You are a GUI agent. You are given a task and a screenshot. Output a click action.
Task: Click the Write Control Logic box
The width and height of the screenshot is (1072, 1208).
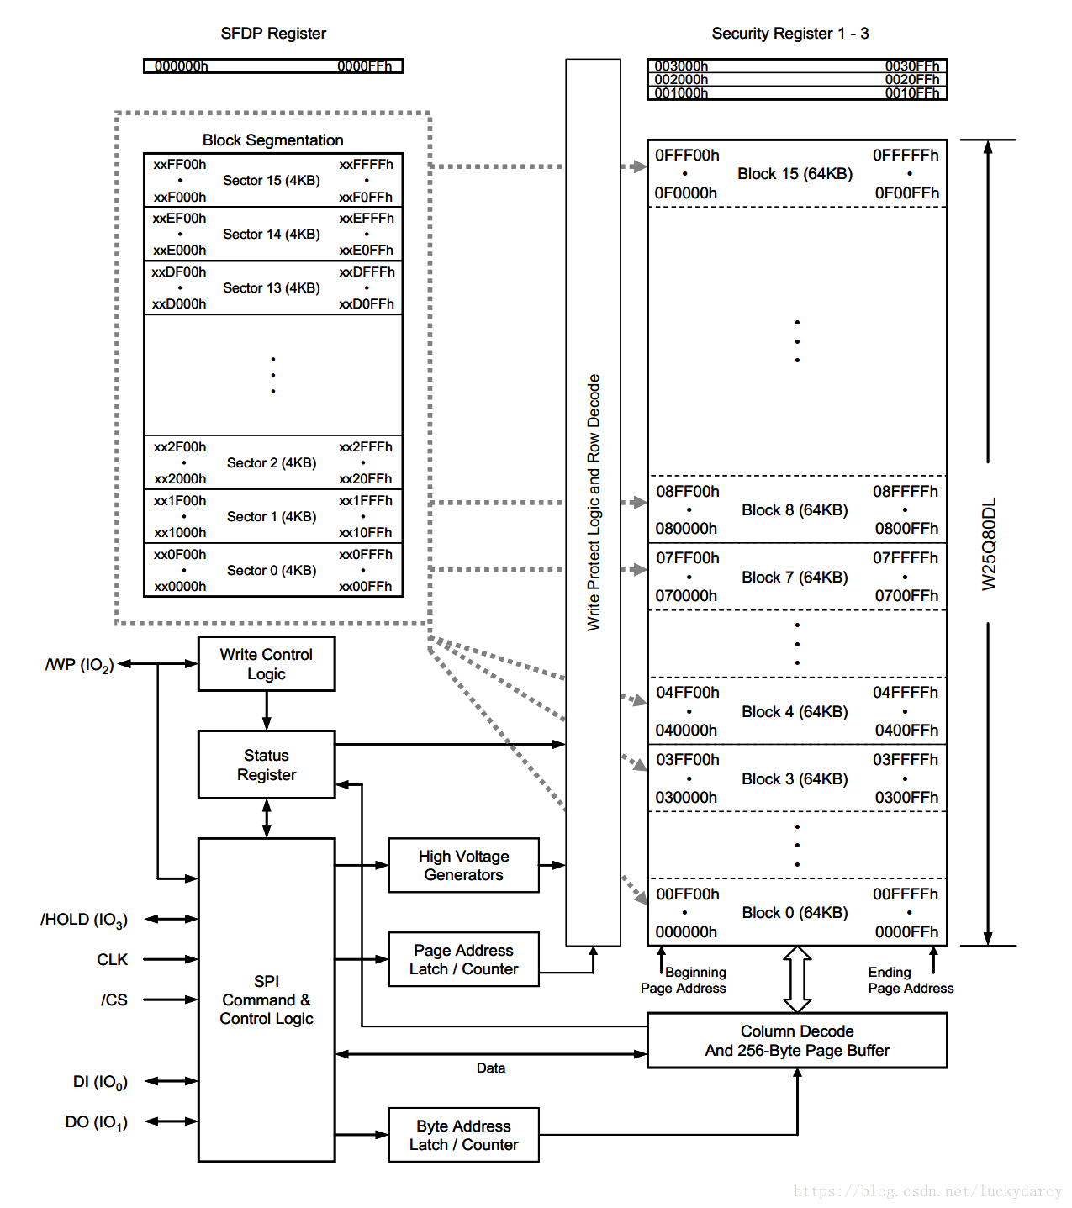click(x=267, y=664)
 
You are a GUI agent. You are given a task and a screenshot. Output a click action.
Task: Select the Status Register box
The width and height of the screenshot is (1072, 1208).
click(x=267, y=765)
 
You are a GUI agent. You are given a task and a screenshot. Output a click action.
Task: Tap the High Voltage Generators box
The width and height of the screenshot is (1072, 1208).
click(x=463, y=865)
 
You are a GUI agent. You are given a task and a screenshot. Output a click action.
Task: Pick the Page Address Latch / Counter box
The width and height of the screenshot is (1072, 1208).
click(x=463, y=959)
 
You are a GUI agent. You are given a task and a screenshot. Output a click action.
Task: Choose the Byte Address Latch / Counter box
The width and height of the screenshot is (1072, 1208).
click(x=463, y=1135)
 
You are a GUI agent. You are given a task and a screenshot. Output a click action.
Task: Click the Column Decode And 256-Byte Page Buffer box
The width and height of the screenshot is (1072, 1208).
click(x=797, y=1041)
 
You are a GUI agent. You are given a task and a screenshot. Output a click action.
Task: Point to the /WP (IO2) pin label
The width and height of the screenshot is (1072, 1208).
click(x=80, y=665)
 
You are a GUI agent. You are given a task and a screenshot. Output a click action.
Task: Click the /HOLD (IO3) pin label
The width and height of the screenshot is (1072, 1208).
click(x=84, y=920)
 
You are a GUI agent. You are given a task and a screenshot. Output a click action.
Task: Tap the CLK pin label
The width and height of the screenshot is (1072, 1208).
click(x=113, y=959)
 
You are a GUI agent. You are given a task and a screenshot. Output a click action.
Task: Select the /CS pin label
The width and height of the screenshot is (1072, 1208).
click(x=114, y=1000)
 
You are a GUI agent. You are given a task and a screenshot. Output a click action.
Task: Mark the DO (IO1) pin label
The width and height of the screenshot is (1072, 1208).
click(x=97, y=1122)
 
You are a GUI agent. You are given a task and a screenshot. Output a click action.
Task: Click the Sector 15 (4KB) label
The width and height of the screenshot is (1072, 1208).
click(x=272, y=181)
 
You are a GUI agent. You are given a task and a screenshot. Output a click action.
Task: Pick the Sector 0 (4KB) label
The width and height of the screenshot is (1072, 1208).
click(x=272, y=571)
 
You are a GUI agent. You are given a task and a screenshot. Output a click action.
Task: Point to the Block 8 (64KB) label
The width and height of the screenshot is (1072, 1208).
click(x=795, y=510)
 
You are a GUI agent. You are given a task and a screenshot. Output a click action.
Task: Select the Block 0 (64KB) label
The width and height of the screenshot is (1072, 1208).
click(x=795, y=913)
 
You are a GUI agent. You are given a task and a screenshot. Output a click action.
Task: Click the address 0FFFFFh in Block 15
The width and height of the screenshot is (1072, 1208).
click(x=906, y=156)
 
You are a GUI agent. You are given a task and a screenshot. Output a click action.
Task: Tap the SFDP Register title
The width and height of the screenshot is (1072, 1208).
click(x=273, y=34)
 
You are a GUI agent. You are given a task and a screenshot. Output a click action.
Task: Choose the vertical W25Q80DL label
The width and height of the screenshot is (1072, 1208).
click(x=990, y=544)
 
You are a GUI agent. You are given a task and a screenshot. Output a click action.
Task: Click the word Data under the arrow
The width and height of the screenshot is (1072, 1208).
click(x=491, y=1068)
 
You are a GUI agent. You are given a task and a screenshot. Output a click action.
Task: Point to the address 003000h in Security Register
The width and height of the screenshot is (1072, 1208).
click(x=681, y=66)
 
